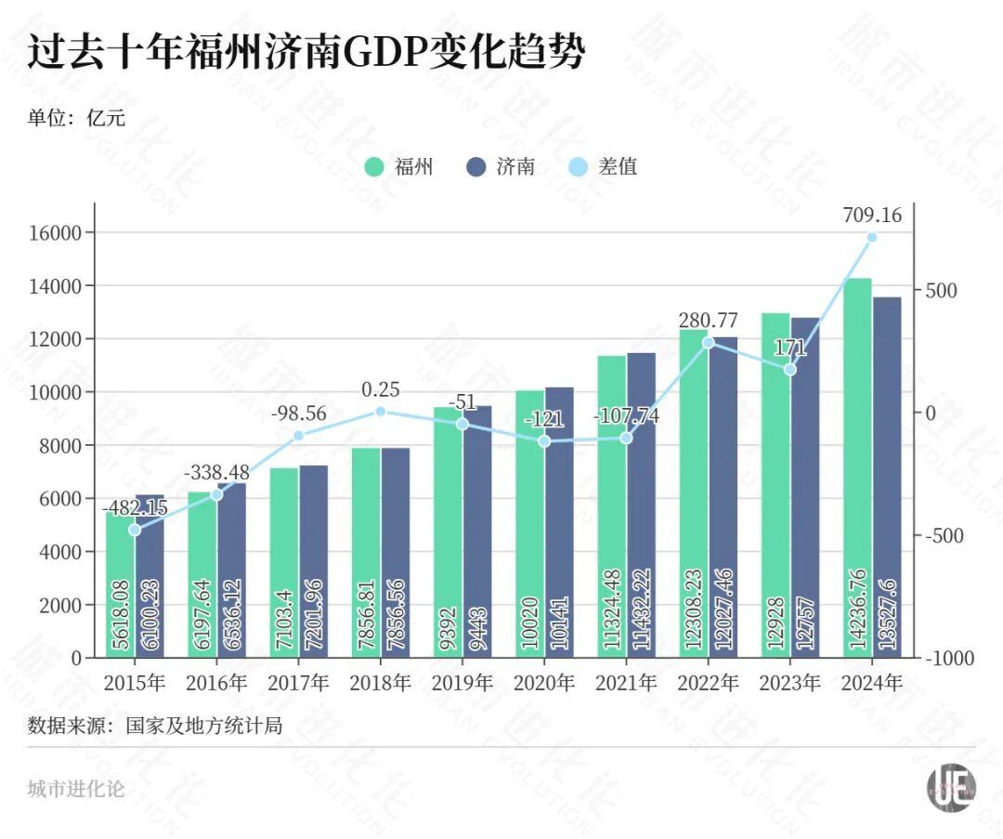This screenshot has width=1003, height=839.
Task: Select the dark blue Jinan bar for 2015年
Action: click(150, 576)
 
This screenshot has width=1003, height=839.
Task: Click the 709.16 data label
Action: click(872, 216)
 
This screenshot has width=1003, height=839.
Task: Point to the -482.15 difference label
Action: click(135, 508)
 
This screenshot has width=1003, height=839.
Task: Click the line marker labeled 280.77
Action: click(709, 343)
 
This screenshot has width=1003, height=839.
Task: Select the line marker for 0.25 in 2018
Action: click(380, 412)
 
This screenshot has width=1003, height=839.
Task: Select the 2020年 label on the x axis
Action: click(544, 683)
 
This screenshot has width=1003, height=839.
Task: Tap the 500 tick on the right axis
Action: click(940, 291)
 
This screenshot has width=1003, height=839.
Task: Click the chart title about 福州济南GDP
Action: click(306, 53)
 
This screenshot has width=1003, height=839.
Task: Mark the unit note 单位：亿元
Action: click(76, 118)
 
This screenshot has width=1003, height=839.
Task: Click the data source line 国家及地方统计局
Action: click(154, 725)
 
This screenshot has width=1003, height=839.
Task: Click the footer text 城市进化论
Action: click(76, 790)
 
